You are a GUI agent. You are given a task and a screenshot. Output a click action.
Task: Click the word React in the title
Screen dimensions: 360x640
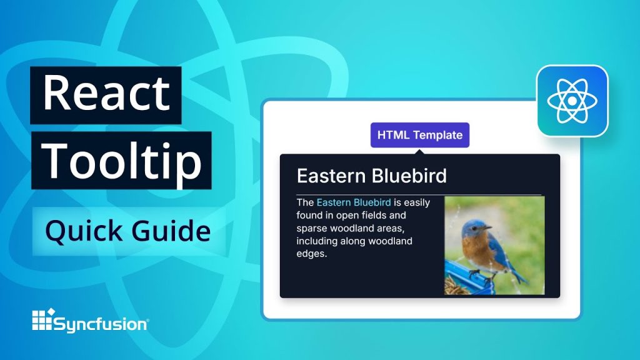[106, 93]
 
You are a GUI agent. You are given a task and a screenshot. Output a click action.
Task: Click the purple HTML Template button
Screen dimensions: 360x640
[419, 135]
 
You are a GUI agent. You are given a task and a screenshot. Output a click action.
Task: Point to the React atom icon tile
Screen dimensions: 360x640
[572, 101]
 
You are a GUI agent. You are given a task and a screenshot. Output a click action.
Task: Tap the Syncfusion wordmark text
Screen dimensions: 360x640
[101, 324]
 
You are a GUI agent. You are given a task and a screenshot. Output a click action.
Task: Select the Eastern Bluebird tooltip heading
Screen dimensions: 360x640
[371, 176]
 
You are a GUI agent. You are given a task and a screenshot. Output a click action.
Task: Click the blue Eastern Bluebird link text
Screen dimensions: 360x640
[354, 202]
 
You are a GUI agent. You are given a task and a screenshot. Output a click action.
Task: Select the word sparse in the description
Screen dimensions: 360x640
[312, 228]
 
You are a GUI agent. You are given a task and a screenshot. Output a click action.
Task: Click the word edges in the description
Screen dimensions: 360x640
[311, 254]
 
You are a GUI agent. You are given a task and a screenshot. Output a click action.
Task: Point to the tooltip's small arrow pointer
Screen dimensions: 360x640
[419, 151]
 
